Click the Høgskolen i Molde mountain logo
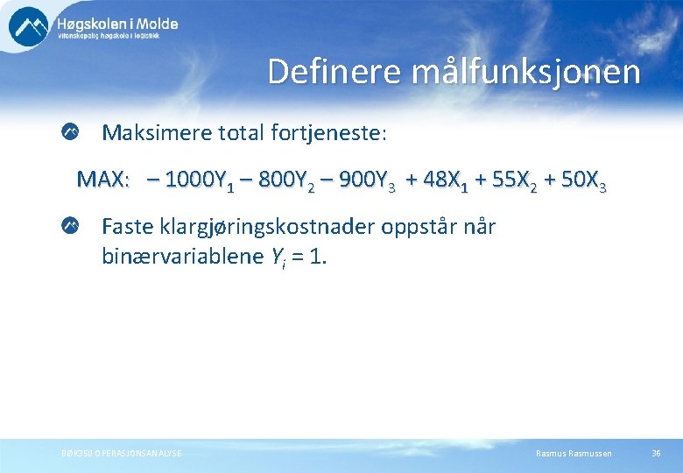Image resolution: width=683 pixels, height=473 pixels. [x=29, y=25]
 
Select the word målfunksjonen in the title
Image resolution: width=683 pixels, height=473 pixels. [x=525, y=72]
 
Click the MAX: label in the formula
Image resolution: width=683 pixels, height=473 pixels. [x=103, y=180]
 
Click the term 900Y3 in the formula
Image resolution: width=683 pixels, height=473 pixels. [x=363, y=180]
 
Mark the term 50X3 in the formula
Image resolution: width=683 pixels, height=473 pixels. [x=582, y=180]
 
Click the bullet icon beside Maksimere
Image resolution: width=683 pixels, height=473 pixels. [x=70, y=133]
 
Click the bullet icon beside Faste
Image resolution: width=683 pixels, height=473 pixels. [x=70, y=227]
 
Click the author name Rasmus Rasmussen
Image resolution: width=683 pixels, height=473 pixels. [x=574, y=453]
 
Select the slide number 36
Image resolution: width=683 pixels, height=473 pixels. [x=656, y=453]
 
